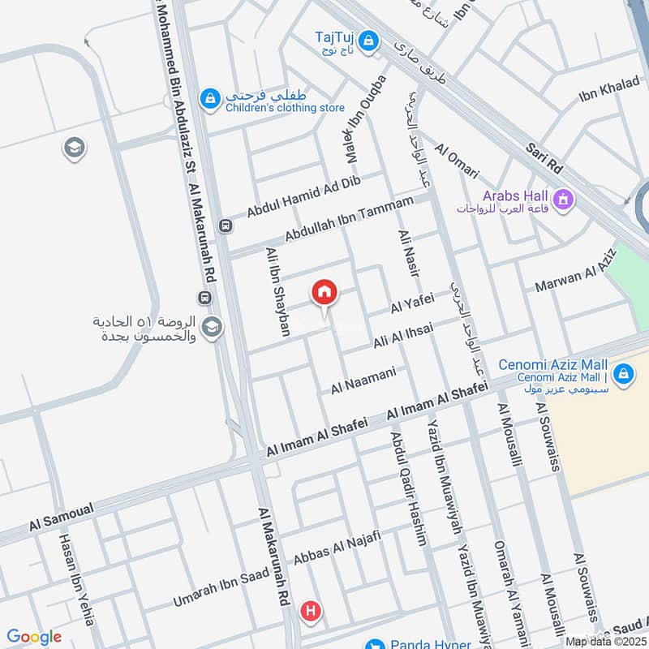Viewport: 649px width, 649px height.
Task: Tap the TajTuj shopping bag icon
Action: tap(368, 39)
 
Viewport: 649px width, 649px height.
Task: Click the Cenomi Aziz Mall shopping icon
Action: tap(623, 374)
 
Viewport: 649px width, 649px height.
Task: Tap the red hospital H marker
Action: tap(309, 612)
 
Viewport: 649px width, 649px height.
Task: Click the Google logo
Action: tap(34, 637)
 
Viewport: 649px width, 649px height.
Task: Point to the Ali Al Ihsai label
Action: tap(402, 337)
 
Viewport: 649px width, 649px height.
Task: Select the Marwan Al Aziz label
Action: tap(576, 272)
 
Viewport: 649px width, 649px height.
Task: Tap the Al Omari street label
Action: tap(457, 162)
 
